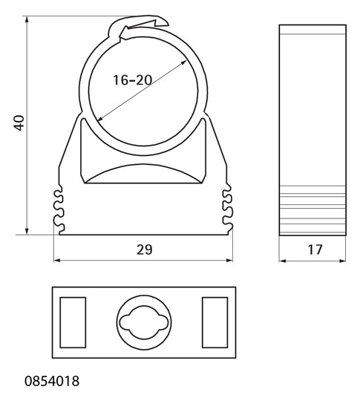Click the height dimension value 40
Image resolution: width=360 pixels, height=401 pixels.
coord(19,123)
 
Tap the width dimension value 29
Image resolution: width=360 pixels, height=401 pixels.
coord(144,250)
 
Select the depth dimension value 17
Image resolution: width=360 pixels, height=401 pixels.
coord(315,250)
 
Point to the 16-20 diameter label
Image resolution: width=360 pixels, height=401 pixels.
coord(132,79)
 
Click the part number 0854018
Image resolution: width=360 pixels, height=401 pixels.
coord(52,381)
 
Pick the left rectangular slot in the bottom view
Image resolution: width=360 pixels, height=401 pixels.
coord(73,322)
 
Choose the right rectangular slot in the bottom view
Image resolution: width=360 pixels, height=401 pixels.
coord(215,322)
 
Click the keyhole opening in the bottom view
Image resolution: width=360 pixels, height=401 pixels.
coord(144,322)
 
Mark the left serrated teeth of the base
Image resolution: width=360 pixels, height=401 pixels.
coord(58,208)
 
